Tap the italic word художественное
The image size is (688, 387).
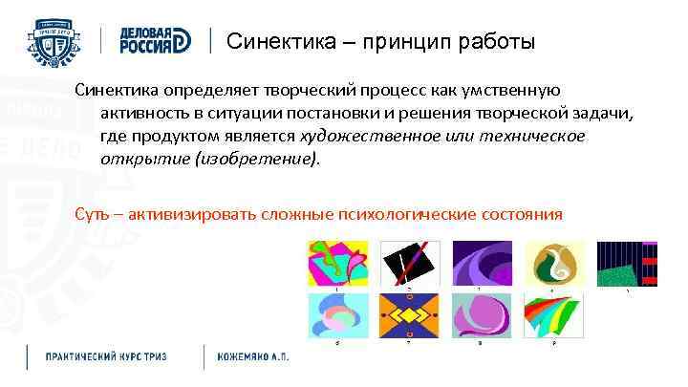tap(370, 136)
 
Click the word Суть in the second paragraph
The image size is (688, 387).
tap(94, 212)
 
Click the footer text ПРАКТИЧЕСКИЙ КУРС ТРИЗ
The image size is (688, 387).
tap(106, 356)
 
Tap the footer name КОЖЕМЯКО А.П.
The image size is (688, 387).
tap(253, 356)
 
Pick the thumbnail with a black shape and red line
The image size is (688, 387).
tap(408, 262)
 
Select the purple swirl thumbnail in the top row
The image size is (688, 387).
tap(481, 262)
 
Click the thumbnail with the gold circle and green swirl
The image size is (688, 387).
tap(553, 262)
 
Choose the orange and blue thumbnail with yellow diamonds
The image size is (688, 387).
tap(408, 315)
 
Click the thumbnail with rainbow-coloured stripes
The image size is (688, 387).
tap(553, 315)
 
